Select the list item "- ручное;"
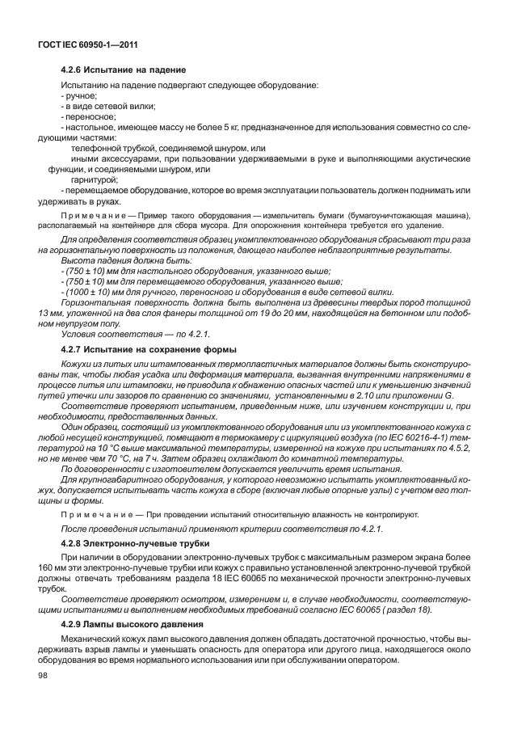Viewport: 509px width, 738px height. click(x=79, y=95)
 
